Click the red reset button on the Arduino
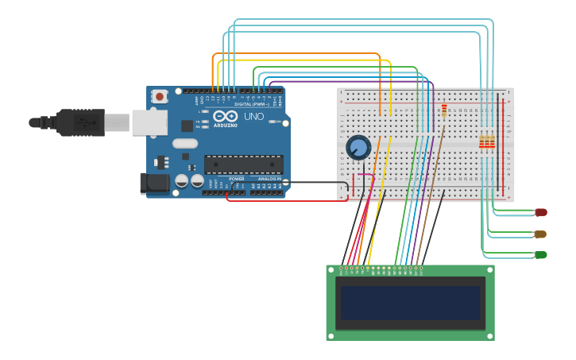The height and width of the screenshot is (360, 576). click(x=160, y=96)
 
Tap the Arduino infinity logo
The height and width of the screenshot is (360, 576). click(x=225, y=117)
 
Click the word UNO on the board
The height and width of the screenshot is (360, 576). click(x=253, y=117)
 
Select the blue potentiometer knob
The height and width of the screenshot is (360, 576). click(x=358, y=147)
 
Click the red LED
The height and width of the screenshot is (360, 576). click(x=541, y=212)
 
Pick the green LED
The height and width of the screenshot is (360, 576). click(x=541, y=254)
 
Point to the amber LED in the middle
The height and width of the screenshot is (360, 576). click(x=540, y=234)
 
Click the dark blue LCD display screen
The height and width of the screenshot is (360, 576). click(x=410, y=303)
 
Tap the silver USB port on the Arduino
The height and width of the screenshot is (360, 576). click(x=149, y=122)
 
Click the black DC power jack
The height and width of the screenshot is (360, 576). click(x=154, y=183)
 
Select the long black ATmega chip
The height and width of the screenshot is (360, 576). click(x=244, y=165)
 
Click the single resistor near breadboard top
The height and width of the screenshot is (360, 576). click(x=443, y=110)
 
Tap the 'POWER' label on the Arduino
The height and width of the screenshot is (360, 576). click(x=237, y=179)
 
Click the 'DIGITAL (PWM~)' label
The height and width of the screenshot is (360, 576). click(x=253, y=104)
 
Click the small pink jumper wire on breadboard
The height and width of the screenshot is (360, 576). click(x=365, y=175)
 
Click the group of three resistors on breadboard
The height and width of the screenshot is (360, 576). click(x=486, y=143)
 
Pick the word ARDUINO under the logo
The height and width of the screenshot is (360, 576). click(x=225, y=126)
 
